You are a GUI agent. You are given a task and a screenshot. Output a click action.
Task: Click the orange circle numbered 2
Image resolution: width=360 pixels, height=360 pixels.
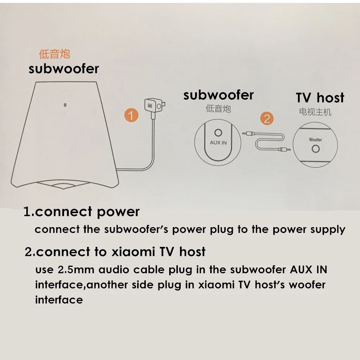coord(267,118)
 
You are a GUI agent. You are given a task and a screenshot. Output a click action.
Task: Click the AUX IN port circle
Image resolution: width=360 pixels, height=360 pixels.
coord(218,133)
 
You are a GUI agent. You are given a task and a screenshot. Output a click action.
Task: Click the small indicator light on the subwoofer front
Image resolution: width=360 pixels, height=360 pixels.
coord(65,105)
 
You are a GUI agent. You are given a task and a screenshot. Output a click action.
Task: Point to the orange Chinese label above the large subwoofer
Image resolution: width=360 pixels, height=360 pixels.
coord(54,54)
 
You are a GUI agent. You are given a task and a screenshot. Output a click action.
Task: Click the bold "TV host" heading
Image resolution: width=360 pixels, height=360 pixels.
coord(320,98)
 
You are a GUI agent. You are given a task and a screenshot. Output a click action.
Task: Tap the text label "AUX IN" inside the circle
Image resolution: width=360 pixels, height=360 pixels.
coord(218,143)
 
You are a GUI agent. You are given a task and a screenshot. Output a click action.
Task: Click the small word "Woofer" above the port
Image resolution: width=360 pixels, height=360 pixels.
coord(315,140)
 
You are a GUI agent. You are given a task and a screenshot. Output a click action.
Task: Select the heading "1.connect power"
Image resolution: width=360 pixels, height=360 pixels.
coord(81,212)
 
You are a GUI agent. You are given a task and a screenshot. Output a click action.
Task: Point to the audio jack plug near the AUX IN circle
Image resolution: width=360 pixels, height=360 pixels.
coord(247,133)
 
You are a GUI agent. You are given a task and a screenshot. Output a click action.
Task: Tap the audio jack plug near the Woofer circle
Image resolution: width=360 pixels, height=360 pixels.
coord(285,148)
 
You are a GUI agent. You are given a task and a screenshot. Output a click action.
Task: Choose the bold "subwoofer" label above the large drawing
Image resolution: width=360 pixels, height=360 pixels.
coord(64,68)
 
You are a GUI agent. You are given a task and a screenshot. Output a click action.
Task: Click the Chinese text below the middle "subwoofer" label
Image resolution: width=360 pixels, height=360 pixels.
coord(218,108)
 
